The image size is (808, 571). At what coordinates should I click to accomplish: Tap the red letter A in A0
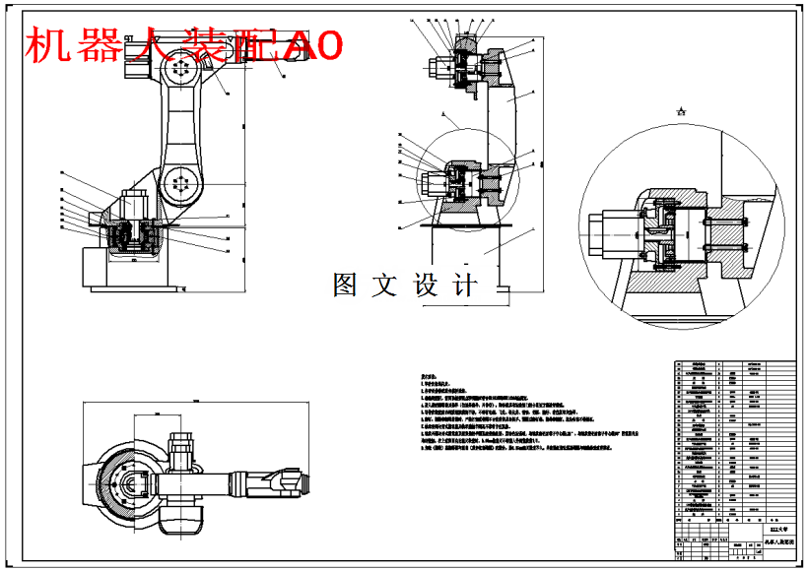tap(297, 46)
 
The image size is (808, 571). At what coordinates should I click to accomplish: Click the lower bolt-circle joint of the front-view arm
tap(178, 183)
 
